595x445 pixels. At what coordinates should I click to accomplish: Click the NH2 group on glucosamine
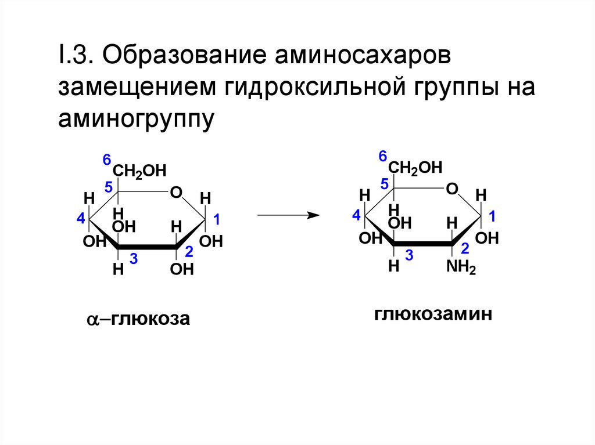(x=461, y=268)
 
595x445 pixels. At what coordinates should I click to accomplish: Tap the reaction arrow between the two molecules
(x=288, y=215)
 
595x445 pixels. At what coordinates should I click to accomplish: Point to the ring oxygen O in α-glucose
(x=177, y=192)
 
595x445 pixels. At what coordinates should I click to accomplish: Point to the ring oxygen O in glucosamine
(x=452, y=189)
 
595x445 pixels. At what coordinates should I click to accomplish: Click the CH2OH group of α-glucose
(x=139, y=171)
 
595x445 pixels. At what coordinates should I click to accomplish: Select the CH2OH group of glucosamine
(x=415, y=168)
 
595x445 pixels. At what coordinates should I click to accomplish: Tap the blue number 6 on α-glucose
(x=107, y=160)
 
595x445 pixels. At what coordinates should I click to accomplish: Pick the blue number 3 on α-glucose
(x=133, y=259)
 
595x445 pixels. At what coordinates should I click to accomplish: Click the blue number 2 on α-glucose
(x=189, y=252)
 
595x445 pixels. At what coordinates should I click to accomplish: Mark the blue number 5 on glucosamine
(x=384, y=184)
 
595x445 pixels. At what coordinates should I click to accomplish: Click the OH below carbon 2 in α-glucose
(x=182, y=270)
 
